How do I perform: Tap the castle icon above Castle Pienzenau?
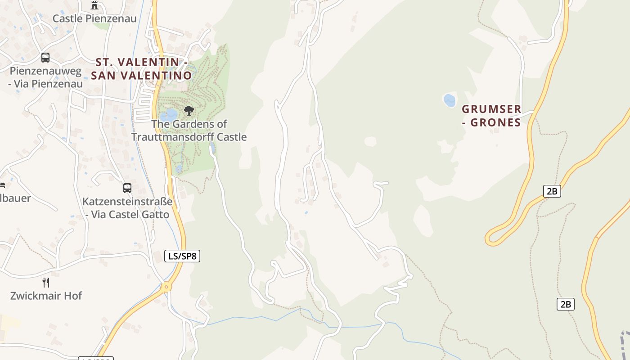point(94,5)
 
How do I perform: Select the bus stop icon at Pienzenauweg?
point(45,58)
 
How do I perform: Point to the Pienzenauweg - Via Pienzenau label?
point(45,77)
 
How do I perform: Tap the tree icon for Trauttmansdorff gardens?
point(189,111)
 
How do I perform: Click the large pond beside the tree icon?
point(170,115)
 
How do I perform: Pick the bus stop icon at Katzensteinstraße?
point(127,188)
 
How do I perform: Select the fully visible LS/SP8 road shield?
point(182,256)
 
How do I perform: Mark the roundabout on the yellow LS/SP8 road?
point(166,287)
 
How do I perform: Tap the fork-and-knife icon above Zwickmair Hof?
point(46,283)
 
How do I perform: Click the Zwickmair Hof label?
point(46,296)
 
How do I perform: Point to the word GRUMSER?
point(492,109)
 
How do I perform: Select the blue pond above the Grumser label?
point(450,100)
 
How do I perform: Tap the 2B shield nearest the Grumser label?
point(552,191)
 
